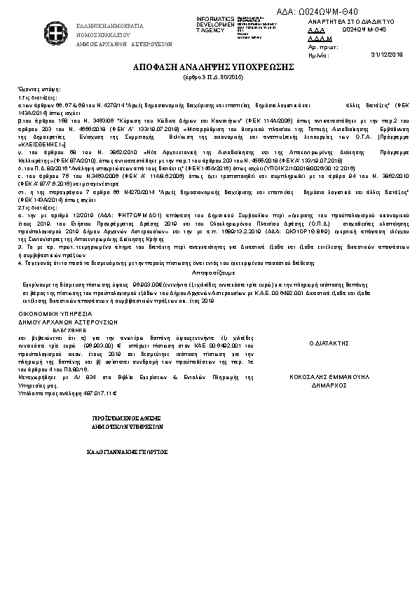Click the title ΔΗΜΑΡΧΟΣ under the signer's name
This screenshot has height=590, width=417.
click(x=329, y=385)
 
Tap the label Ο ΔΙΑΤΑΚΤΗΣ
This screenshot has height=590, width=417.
click(x=329, y=344)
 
